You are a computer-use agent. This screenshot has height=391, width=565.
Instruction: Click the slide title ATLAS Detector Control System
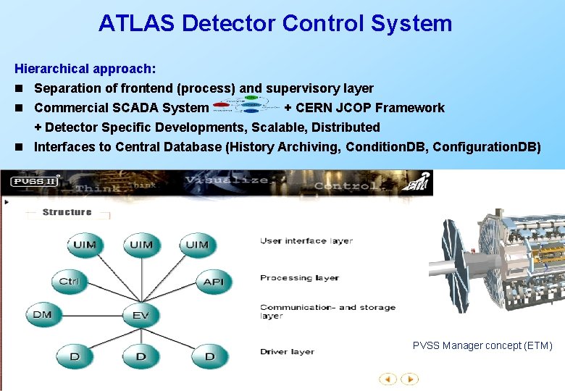coord(275,23)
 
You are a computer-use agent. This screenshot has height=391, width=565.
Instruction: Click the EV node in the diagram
coord(141,315)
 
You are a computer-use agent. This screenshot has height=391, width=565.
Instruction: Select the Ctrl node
coord(70,281)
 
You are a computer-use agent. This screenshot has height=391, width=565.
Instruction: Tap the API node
coord(213,281)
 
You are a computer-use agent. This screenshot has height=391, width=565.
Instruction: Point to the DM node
coord(43,315)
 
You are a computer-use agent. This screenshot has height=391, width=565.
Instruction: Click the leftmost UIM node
coord(84,245)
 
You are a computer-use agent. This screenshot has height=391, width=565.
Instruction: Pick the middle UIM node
coord(141,245)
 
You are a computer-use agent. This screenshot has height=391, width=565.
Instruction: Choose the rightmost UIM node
coord(196,245)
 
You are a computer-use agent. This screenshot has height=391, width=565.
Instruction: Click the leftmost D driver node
coord(75,356)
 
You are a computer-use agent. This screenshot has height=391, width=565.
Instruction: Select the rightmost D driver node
coord(210,356)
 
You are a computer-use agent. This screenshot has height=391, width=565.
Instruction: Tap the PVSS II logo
coord(33,182)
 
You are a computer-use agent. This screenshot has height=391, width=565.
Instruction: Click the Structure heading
coord(67,212)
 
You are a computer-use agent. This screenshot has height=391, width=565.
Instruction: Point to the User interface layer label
coord(306,240)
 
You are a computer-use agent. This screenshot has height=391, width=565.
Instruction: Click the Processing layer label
coord(299,277)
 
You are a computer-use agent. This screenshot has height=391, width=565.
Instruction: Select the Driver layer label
coord(287,352)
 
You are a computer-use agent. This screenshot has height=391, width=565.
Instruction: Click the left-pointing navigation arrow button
coord(388,379)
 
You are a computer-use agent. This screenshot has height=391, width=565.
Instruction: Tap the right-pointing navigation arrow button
coord(409,379)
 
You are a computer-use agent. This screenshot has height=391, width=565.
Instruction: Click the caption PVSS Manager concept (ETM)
coord(482,345)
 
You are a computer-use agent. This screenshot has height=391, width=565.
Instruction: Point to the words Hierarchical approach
coord(85,69)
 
